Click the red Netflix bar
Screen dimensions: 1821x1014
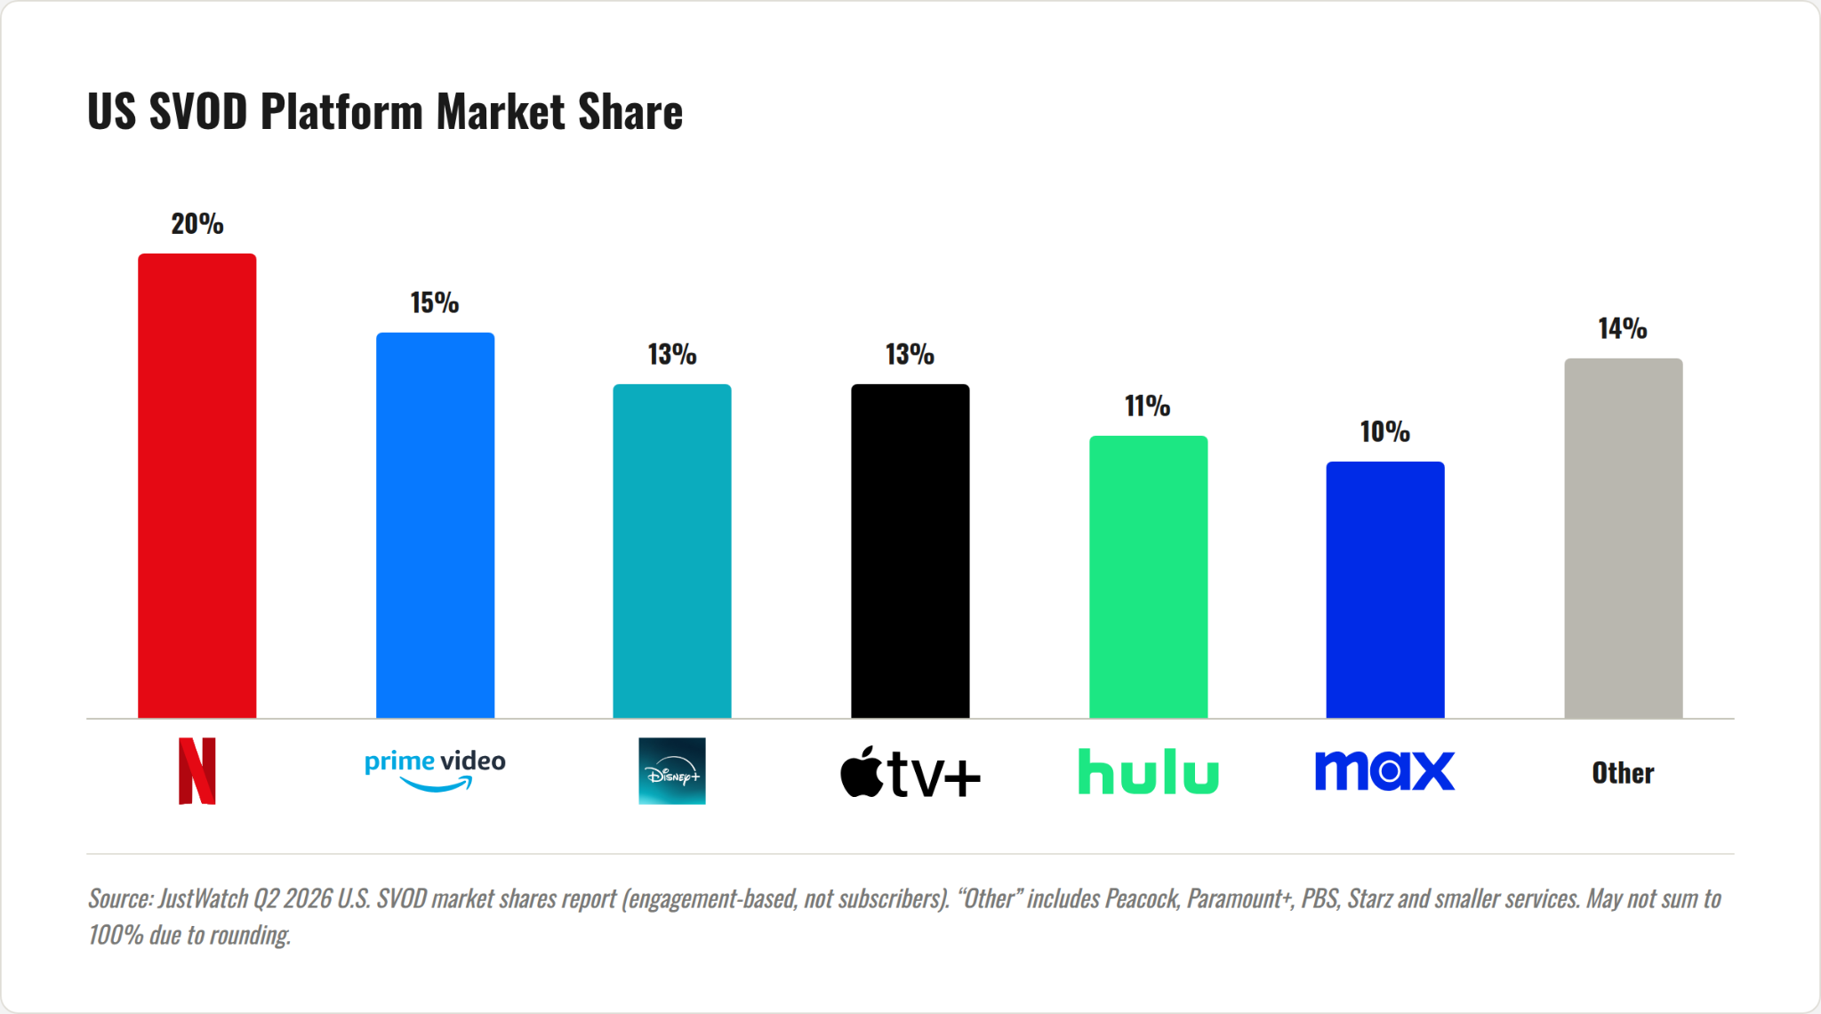[197, 486]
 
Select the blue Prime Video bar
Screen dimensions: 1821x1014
[435, 525]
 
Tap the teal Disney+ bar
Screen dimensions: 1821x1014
[672, 551]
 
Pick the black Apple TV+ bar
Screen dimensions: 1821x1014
[910, 551]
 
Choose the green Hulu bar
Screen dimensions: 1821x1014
[1148, 576]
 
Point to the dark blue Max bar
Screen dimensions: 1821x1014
[1385, 590]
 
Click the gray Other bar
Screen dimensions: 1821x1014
[1624, 538]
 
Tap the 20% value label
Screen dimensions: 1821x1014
[197, 224]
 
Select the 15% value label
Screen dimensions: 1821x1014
[435, 303]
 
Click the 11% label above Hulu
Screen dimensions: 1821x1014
[1148, 406]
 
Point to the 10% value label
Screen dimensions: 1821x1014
[1385, 432]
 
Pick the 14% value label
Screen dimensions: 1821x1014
[1623, 329]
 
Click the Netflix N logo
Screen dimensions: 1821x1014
[197, 771]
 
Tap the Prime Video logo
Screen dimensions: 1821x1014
[435, 770]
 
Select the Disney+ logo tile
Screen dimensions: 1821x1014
[672, 771]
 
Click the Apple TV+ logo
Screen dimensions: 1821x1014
[910, 772]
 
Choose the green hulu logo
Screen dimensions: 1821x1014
[1148, 771]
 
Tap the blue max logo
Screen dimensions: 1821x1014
[1385, 770]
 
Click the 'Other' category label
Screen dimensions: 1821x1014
[1623, 773]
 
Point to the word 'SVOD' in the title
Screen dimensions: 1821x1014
[198, 112]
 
